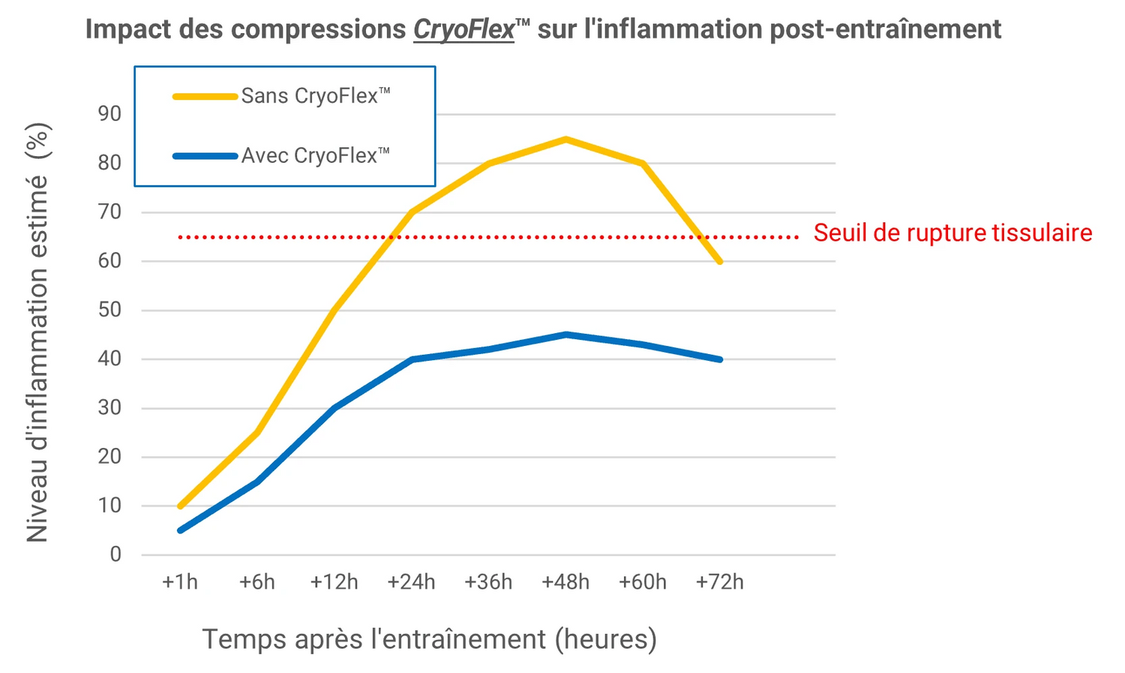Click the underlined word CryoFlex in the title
(463, 29)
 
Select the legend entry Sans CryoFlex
(315, 96)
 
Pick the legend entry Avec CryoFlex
(315, 156)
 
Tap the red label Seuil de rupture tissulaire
(952, 233)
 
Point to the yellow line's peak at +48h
(566, 139)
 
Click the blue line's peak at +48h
(566, 335)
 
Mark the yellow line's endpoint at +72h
(720, 261)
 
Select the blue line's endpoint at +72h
(720, 359)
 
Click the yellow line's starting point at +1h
(180, 506)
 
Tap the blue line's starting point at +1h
(180, 530)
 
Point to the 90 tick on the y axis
(109, 114)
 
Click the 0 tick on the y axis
(115, 554)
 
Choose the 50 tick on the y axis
(109, 310)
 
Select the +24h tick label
(411, 582)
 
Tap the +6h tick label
(257, 582)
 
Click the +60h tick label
(643, 582)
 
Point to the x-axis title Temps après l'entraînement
(429, 639)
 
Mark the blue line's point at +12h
(334, 408)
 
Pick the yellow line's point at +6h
(257, 433)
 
